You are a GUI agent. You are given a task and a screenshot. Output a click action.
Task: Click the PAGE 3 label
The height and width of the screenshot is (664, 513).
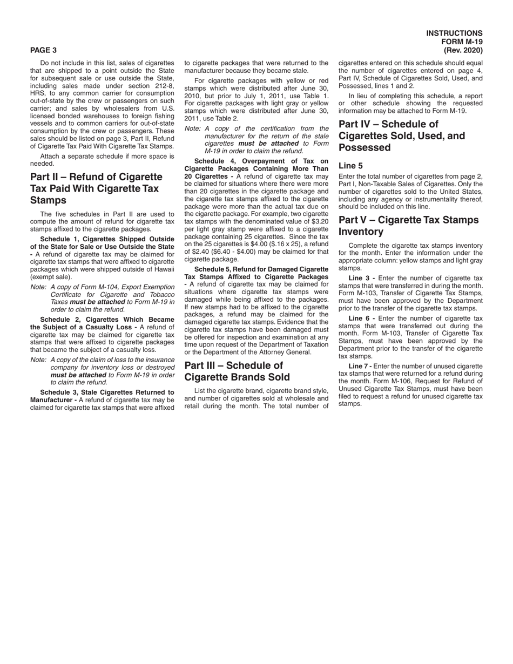click(x=43, y=50)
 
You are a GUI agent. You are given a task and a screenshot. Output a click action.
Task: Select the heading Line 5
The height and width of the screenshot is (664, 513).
click(x=350, y=166)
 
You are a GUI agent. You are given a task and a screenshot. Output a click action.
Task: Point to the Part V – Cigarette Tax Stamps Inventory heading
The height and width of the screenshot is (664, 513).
click(x=408, y=226)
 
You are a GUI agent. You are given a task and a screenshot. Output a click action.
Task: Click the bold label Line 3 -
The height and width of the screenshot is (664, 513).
click(x=362, y=278)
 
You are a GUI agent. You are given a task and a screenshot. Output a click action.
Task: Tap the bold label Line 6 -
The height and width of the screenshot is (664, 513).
click(x=362, y=319)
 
